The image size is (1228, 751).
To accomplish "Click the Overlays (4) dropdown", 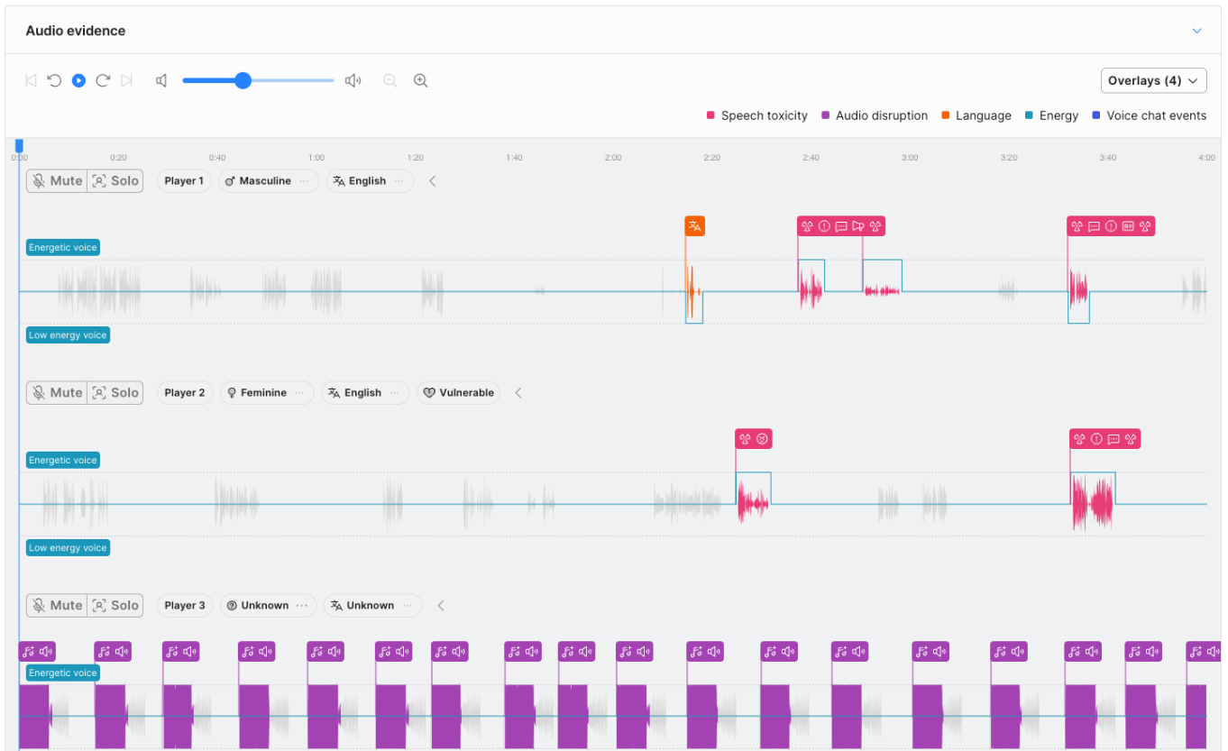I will [1153, 80].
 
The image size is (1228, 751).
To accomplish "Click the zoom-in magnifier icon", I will [420, 80].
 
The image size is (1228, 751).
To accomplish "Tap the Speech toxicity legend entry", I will [763, 115].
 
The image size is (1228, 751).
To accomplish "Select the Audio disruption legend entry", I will [875, 115].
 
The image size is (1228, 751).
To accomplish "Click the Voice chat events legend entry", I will [1149, 115].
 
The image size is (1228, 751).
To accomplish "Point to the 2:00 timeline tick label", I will [613, 158].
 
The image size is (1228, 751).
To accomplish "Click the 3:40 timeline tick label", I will [1107, 158].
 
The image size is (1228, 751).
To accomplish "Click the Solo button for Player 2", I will [115, 392].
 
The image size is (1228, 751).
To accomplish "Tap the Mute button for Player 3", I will [57, 605].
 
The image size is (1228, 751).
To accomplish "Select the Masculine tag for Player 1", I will [265, 180].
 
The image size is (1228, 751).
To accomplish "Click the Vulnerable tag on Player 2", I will [458, 392].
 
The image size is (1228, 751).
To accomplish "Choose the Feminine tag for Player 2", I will [263, 392].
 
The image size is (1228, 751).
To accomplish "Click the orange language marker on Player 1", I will [694, 226].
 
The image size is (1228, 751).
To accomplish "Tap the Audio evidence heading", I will [76, 31].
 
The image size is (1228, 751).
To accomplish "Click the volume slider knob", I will [243, 80].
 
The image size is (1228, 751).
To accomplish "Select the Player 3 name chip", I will [185, 605].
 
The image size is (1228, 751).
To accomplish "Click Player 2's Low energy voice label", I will [68, 547].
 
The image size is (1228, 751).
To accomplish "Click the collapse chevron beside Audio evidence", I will [1196, 31].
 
